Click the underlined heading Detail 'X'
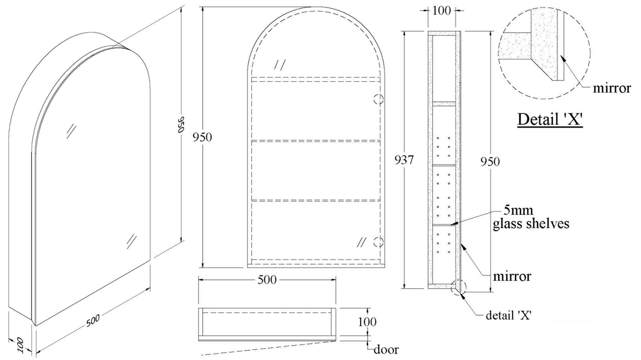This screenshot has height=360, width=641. (550, 119)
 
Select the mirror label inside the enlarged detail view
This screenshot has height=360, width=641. (611, 88)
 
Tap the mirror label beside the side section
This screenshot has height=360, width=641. (512, 277)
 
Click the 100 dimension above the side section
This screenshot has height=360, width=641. (442, 10)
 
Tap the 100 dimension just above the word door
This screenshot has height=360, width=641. (367, 322)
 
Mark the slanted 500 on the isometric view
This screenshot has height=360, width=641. (93, 320)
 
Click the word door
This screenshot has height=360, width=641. (386, 350)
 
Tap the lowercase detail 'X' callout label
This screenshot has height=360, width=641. (508, 315)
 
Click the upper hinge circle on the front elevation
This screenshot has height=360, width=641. (378, 99)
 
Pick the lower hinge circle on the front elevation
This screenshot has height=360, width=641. (378, 240)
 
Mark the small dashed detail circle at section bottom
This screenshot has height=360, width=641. (459, 286)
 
